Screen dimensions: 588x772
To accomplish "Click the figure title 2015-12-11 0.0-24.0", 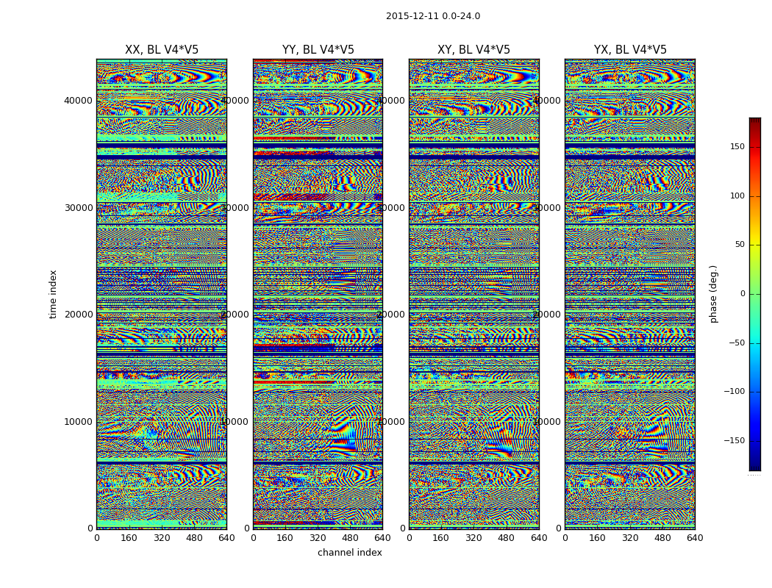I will coord(432,16).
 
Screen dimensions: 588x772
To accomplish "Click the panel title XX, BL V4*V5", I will coord(162,50).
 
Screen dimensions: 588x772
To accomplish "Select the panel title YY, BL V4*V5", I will coord(318,50).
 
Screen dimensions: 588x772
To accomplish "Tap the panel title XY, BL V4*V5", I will coord(473,50).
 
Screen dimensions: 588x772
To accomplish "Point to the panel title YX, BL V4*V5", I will coord(630,50).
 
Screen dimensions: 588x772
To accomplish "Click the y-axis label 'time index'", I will coord(53,293).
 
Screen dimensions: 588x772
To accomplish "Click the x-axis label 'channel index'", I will coord(349,553).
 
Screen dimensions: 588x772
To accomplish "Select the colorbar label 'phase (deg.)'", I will coord(713,294).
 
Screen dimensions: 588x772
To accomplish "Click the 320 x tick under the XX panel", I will coord(162,538).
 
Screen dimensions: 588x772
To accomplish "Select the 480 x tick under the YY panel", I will coord(350,538).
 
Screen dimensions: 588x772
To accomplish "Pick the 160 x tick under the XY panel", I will coord(441,538).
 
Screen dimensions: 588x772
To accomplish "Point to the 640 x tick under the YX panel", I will coord(694,538).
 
